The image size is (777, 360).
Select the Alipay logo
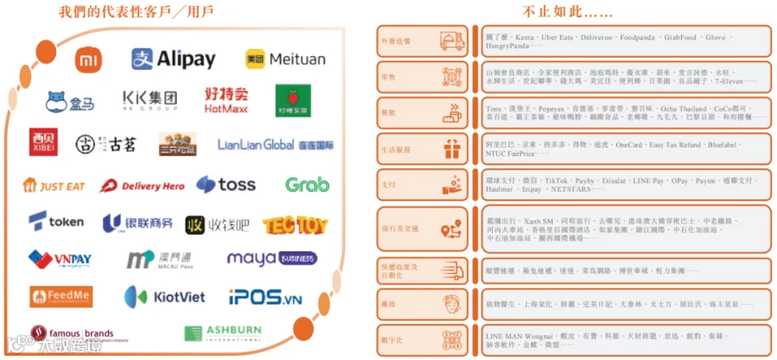click(x=173, y=59)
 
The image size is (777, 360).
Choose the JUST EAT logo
click(x=55, y=185)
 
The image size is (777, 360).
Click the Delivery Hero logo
click(x=142, y=185)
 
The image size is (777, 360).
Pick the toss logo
click(x=225, y=185)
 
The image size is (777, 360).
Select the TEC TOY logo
click(x=295, y=225)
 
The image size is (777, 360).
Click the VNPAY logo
click(x=60, y=259)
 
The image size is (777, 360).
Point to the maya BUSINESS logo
click(x=271, y=258)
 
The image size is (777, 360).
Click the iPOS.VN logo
click(x=265, y=298)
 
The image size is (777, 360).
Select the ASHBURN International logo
click(x=222, y=333)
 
